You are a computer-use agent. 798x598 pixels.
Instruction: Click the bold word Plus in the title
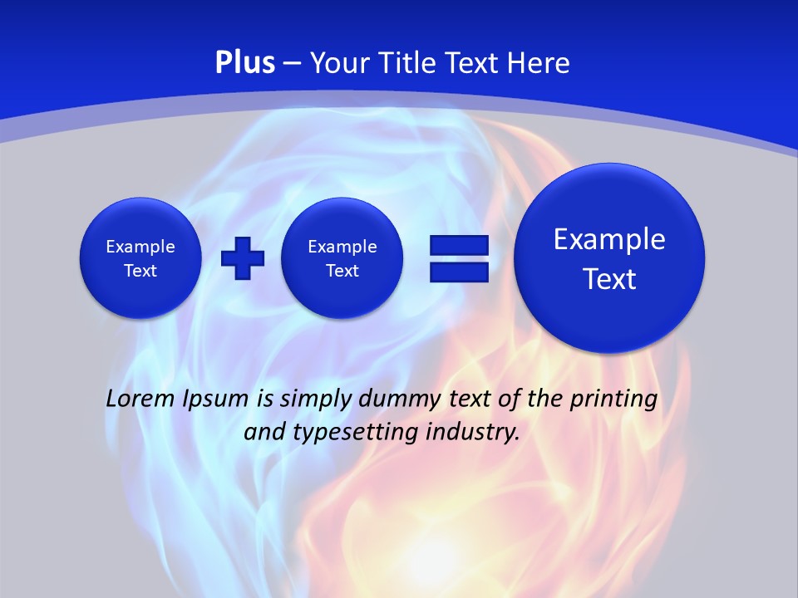[x=244, y=63]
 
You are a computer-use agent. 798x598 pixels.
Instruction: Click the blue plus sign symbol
[x=243, y=257]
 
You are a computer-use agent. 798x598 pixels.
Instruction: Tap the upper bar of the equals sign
[x=459, y=245]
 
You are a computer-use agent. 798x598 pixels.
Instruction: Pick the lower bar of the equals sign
[x=459, y=272]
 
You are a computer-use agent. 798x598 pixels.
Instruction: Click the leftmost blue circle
[x=140, y=258]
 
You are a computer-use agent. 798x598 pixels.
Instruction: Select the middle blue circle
[x=342, y=258]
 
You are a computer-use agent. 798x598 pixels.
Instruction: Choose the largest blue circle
[x=609, y=258]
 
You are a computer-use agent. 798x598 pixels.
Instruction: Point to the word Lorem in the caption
[x=138, y=399]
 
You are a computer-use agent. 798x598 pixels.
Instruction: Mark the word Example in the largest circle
[x=609, y=239]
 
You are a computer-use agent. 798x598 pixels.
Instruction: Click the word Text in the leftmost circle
[x=140, y=271]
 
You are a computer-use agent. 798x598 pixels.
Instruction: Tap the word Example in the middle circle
[x=342, y=247]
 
